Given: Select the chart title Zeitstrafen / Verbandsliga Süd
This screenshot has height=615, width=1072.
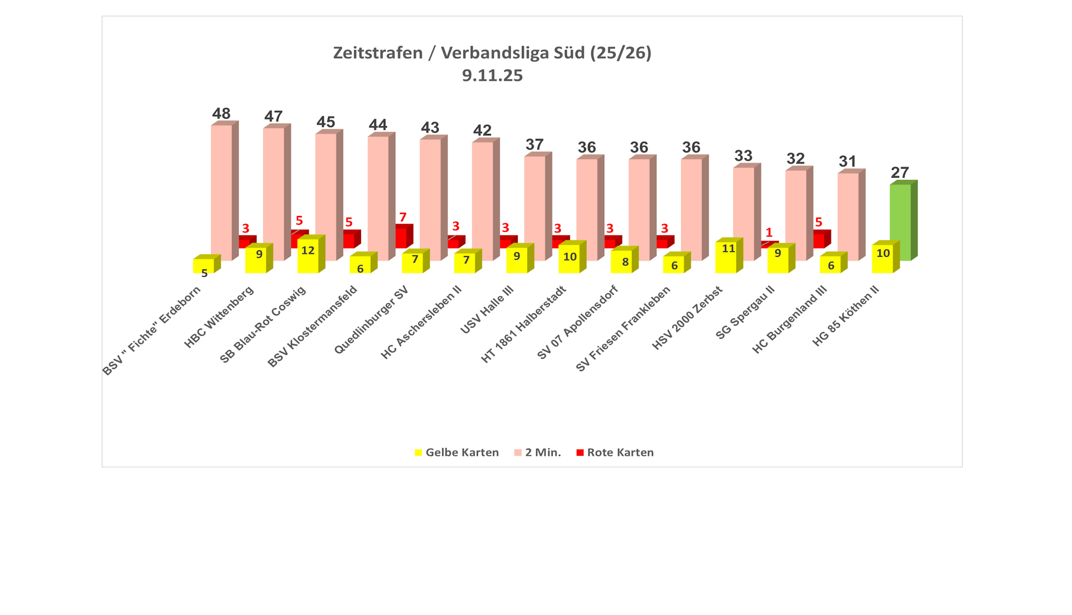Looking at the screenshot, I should pyautogui.click(x=492, y=53).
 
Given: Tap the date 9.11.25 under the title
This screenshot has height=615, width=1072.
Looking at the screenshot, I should pyautogui.click(x=492, y=76).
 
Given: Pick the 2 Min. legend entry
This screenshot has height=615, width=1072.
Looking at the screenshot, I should pyautogui.click(x=538, y=452).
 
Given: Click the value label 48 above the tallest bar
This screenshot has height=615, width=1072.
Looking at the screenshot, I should pyautogui.click(x=221, y=114).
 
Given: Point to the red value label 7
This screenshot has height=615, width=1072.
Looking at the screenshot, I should pyautogui.click(x=403, y=217).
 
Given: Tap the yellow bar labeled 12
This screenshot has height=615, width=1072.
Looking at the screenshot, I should pyautogui.click(x=308, y=255).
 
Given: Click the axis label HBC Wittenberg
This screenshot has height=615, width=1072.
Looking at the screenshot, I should pyautogui.click(x=219, y=317).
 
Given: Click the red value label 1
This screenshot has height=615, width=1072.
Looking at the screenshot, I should pyautogui.click(x=769, y=232).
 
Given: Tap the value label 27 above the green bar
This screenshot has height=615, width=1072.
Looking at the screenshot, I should pyautogui.click(x=900, y=172).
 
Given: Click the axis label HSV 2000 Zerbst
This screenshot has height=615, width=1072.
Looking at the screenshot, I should pyautogui.click(x=687, y=318).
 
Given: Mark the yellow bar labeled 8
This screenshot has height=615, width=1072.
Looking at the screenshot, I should pyautogui.click(x=621, y=262).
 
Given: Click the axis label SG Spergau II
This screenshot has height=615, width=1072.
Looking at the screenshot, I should pyautogui.click(x=745, y=313).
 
